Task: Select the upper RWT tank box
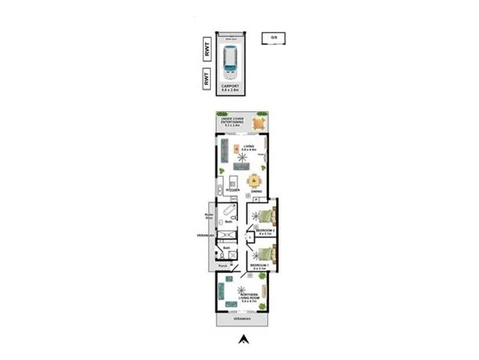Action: (x=208, y=50)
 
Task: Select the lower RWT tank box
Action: (x=208, y=79)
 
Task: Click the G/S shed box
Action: (x=274, y=38)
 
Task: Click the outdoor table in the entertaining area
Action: (x=259, y=124)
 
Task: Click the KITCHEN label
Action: (x=232, y=190)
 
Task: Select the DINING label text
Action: (x=257, y=192)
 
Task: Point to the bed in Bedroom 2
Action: (x=266, y=217)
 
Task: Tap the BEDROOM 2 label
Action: (x=264, y=232)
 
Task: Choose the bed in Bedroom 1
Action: (x=266, y=250)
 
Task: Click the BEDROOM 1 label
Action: (x=259, y=266)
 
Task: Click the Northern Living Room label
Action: (x=248, y=297)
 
